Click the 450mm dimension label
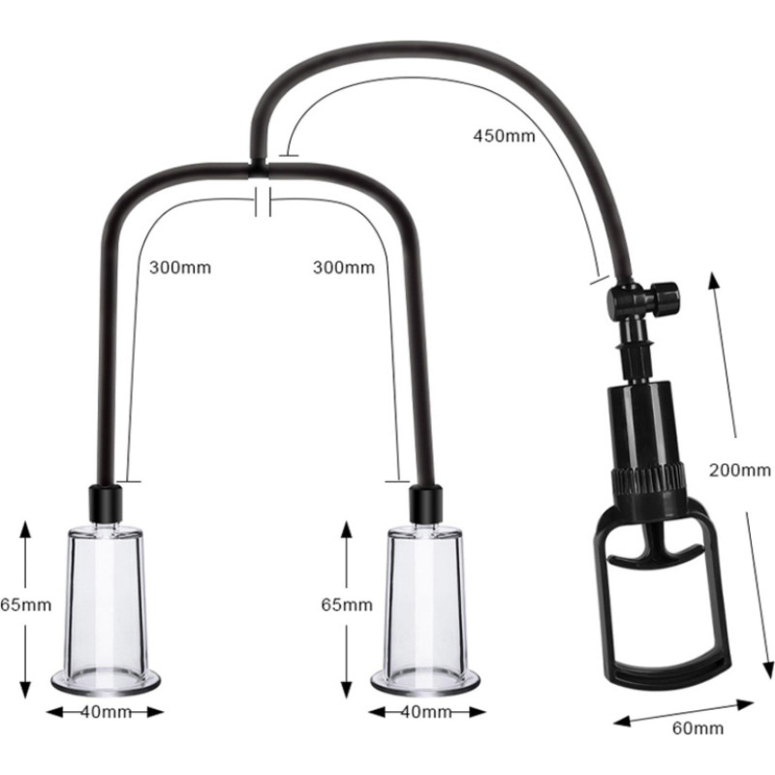pyautogui.click(x=504, y=136)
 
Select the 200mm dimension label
pyautogui.click(x=739, y=470)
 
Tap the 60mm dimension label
pyautogui.click(x=697, y=728)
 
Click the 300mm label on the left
pyautogui.click(x=180, y=267)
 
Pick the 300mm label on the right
pyautogui.click(x=344, y=267)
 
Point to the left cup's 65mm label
pyautogui.click(x=26, y=604)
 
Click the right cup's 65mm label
pyautogui.click(x=347, y=604)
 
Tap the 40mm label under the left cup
pyautogui.click(x=106, y=712)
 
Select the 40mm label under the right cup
pyautogui.click(x=426, y=712)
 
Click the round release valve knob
pyautogui.click(x=664, y=297)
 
